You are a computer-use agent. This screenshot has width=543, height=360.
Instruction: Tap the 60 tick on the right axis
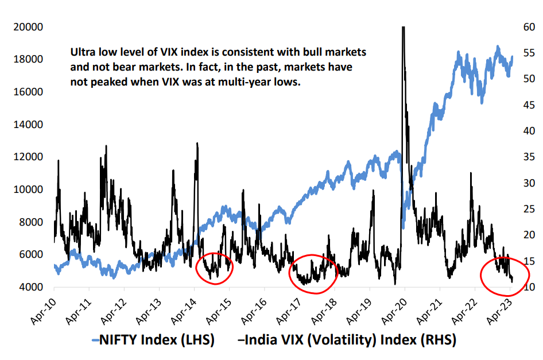(528, 27)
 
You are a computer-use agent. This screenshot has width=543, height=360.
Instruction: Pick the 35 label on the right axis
(528, 157)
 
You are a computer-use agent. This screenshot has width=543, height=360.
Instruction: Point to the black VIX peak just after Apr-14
(197, 144)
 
